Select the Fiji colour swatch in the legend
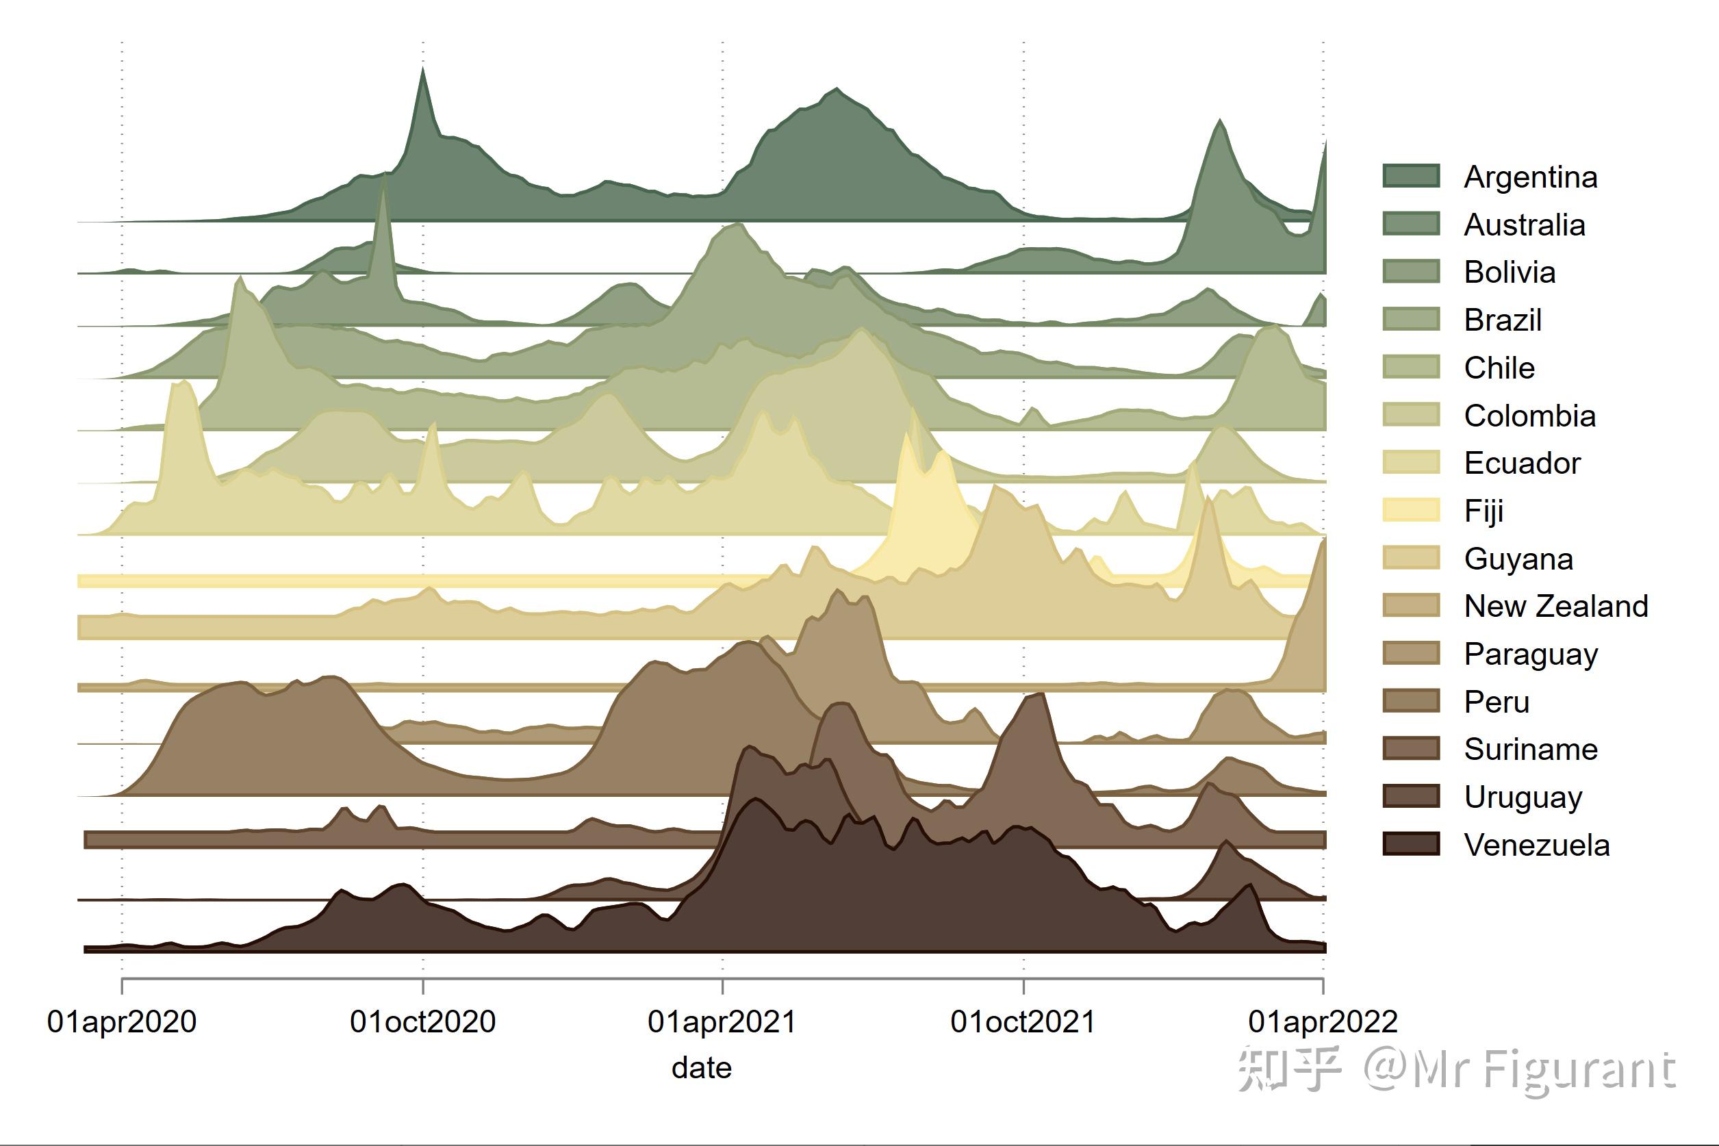pyautogui.click(x=1410, y=509)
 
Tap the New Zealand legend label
pyautogui.click(x=1555, y=606)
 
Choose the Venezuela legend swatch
pyautogui.click(x=1410, y=843)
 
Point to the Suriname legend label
pyautogui.click(x=1531, y=749)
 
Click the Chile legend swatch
pyautogui.click(x=1410, y=367)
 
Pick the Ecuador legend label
pyautogui.click(x=1522, y=463)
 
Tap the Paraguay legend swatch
pyautogui.click(x=1410, y=652)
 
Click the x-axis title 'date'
pyautogui.click(x=702, y=1068)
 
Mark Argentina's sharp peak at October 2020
pyautogui.click(x=422, y=69)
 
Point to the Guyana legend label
pyautogui.click(x=1518, y=559)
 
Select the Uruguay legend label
pyautogui.click(x=1523, y=798)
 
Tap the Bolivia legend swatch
pyautogui.click(x=1410, y=271)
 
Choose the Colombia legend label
pyautogui.click(x=1529, y=416)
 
